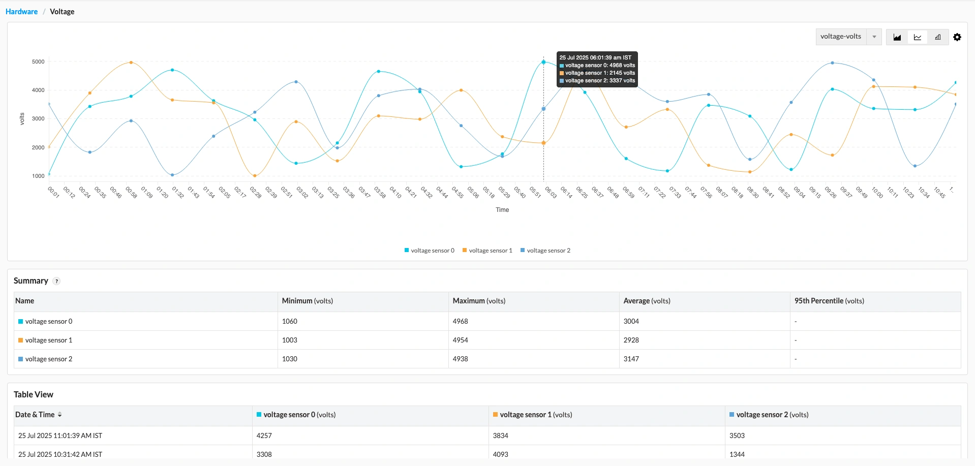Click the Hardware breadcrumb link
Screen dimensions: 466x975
21,12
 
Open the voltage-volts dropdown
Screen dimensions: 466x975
848,37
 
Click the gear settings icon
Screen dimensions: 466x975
957,37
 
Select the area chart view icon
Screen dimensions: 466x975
897,37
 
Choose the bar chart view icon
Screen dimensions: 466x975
938,37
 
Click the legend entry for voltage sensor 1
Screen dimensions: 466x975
487,251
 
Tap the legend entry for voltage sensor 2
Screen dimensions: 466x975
545,251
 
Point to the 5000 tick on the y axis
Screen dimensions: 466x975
38,61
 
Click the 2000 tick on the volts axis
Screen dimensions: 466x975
38,147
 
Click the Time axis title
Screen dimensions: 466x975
502,210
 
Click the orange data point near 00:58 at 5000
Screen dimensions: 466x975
131,63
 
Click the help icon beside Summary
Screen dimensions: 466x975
57,281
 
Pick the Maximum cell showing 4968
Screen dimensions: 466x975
461,321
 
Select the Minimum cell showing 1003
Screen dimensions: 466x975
290,340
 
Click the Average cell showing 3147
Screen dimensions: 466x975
631,359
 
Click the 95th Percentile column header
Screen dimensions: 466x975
829,301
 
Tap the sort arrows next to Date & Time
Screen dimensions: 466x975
59,415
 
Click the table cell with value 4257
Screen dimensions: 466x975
264,436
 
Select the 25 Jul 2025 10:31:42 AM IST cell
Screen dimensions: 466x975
60,454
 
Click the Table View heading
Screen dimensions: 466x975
34,394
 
